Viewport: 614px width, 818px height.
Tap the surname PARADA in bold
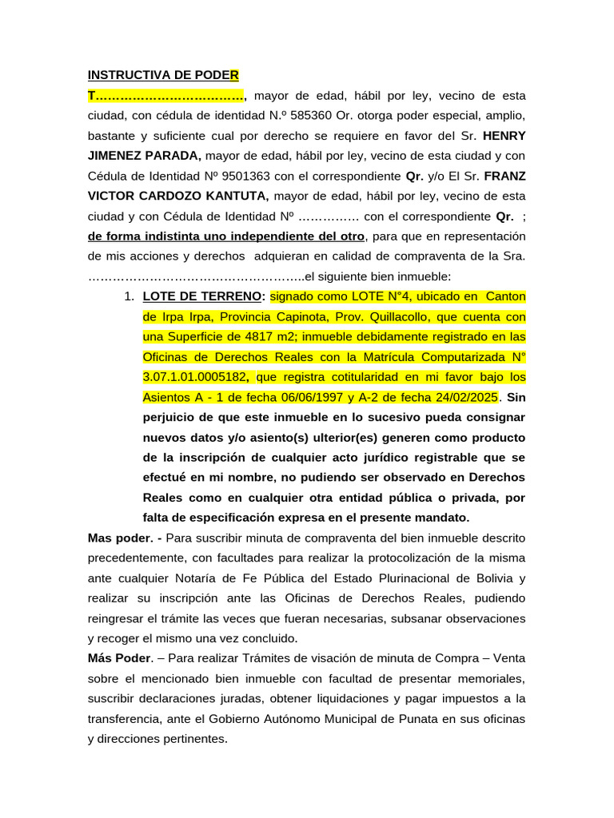169,156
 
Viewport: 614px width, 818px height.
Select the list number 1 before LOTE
128,296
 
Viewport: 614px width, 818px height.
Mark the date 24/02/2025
468,397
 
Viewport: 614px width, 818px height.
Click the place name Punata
415,719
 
